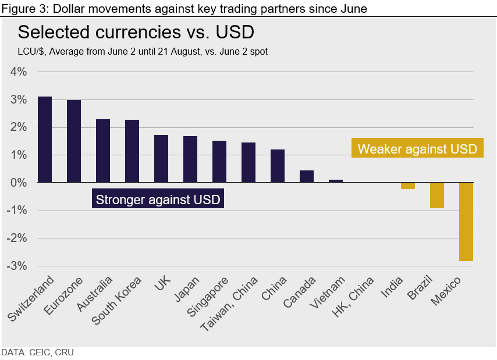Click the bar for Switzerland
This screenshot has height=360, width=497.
tap(45, 140)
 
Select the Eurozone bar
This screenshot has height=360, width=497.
tap(74, 141)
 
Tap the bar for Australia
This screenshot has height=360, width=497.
tap(103, 151)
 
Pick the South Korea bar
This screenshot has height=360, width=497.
tap(132, 151)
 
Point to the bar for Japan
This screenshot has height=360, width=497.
tap(190, 159)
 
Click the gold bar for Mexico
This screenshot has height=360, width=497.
tap(466, 222)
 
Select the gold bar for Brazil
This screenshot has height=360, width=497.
tap(437, 195)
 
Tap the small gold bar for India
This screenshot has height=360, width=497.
tap(408, 186)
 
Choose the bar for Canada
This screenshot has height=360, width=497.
tap(307, 177)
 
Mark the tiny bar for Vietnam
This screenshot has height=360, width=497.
tap(336, 181)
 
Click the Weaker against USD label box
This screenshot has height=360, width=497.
tap(417, 148)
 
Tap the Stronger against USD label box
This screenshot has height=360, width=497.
tap(158, 199)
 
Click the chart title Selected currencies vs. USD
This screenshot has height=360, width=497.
tap(136, 31)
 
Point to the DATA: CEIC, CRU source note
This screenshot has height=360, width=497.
tap(37, 352)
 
